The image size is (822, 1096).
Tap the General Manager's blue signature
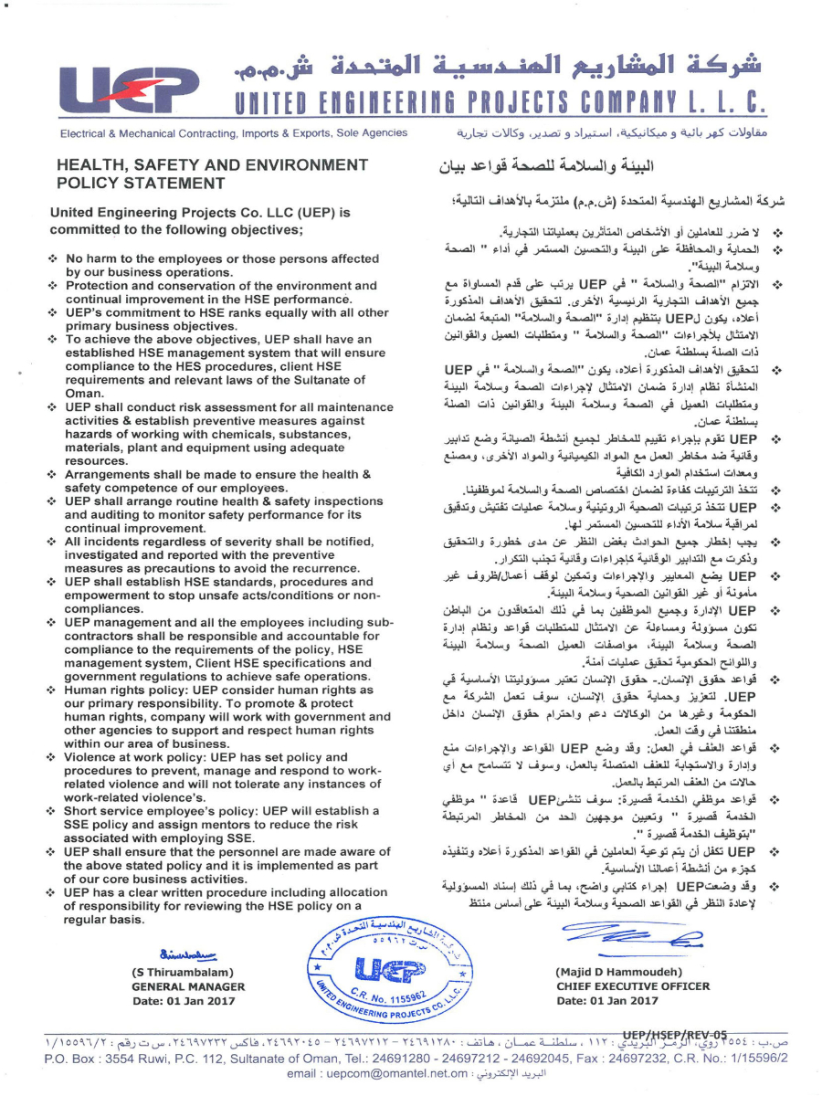click(x=189, y=954)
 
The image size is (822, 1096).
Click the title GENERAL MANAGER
click(x=188, y=986)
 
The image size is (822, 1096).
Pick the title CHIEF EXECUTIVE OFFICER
click(x=632, y=986)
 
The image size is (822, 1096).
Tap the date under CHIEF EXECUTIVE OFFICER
click(x=607, y=1001)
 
